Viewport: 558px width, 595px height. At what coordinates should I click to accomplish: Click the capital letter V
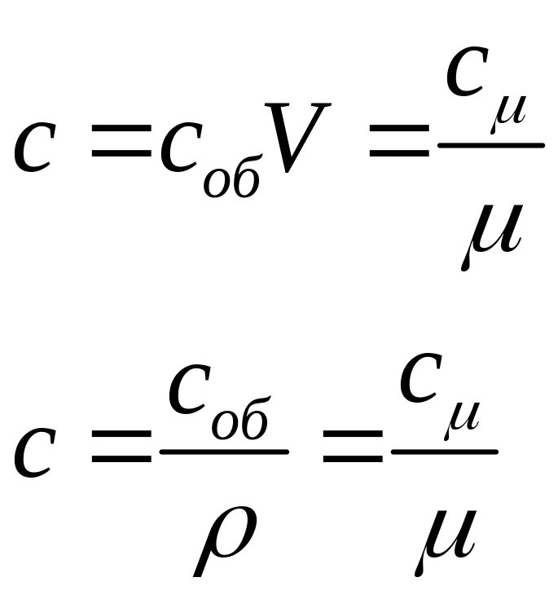[300, 137]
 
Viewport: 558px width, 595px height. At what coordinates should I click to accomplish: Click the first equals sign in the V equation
[121, 148]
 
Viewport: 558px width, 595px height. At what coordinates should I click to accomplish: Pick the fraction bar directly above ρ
[225, 451]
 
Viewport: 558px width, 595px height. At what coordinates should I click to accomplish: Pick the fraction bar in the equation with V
[490, 146]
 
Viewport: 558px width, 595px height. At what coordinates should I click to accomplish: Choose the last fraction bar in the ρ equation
[445, 451]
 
